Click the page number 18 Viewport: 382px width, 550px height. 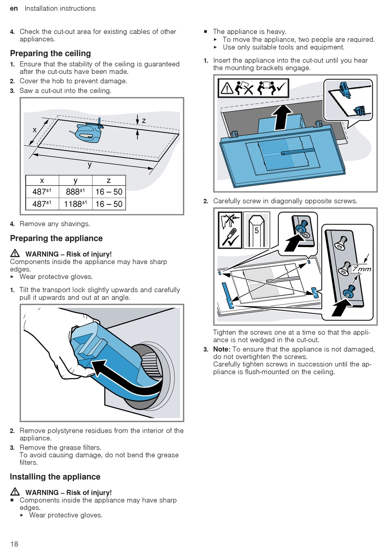coord(14,544)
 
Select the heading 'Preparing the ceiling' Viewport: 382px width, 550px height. coord(50,53)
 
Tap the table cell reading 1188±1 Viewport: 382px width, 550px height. coord(75,204)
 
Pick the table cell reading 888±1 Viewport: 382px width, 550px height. coord(75,192)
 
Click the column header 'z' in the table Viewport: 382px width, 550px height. coord(109,180)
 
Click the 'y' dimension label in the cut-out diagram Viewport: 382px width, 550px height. coord(90,165)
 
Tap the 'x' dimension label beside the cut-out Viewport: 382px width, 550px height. coord(35,130)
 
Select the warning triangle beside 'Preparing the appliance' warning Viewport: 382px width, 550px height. coord(15,253)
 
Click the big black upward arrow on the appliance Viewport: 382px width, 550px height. coord(283,117)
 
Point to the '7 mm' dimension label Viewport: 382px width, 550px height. coord(361,269)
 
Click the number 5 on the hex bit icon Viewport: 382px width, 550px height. coord(257,231)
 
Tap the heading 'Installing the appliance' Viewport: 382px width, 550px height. coord(55,477)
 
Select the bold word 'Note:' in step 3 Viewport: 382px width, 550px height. coord(222,349)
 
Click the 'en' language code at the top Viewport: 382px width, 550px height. coord(14,8)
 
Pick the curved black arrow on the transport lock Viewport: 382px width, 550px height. coord(121,378)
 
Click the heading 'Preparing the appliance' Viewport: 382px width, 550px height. coord(56,238)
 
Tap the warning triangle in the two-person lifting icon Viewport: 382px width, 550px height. coord(227,88)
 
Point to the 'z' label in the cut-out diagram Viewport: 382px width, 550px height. coord(144,121)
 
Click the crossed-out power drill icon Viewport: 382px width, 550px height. coord(230,221)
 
